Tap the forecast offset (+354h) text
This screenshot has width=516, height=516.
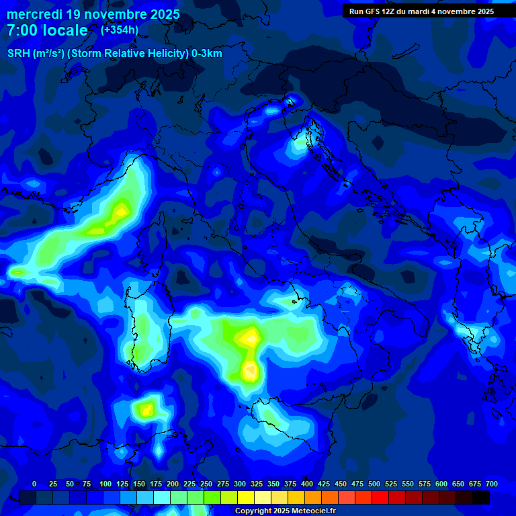coord(120,30)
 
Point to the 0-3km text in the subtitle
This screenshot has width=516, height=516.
coord(207,53)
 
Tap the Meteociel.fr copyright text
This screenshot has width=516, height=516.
coord(285,511)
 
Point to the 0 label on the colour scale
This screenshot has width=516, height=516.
coord(34,484)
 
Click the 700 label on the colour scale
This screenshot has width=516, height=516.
coord(492,484)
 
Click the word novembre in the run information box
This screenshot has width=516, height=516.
coord(456,11)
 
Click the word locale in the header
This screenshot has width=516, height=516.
coord(67,30)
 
